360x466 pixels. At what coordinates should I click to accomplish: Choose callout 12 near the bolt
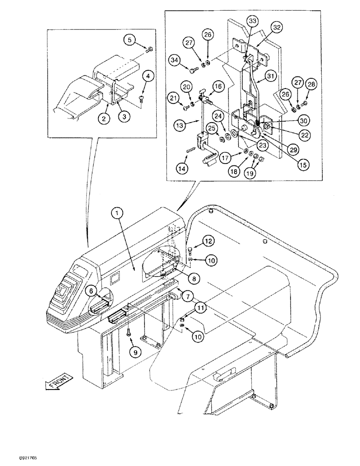click(208, 240)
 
